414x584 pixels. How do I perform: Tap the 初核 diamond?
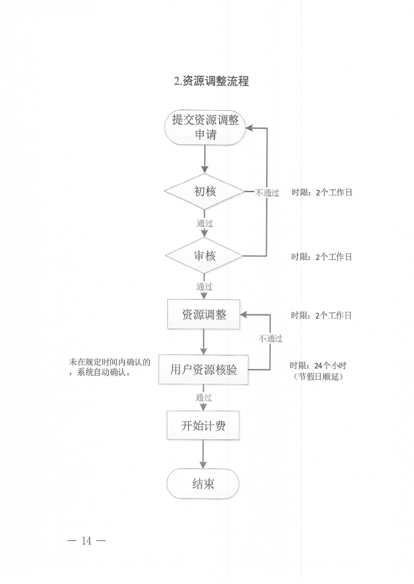pyautogui.click(x=204, y=192)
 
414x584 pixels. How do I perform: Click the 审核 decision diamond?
pyautogui.click(x=204, y=255)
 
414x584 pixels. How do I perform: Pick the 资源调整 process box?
pyautogui.click(x=204, y=315)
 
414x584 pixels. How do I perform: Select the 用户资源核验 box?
pyautogui.click(x=204, y=369)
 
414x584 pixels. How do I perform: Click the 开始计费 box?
pyautogui.click(x=204, y=425)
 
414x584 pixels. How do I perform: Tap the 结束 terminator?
pyautogui.click(x=204, y=484)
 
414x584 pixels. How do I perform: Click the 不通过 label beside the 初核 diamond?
pyautogui.click(x=267, y=193)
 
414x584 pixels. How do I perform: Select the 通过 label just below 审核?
pyautogui.click(x=204, y=286)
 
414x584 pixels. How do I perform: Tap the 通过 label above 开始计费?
pyautogui.click(x=204, y=397)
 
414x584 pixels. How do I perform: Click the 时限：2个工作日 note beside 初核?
pyautogui.click(x=321, y=192)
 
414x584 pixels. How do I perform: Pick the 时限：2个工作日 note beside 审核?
pyautogui.click(x=321, y=257)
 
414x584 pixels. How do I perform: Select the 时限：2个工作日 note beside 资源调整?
pyautogui.click(x=321, y=315)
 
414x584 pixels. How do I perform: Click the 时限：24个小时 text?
pyautogui.click(x=317, y=365)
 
